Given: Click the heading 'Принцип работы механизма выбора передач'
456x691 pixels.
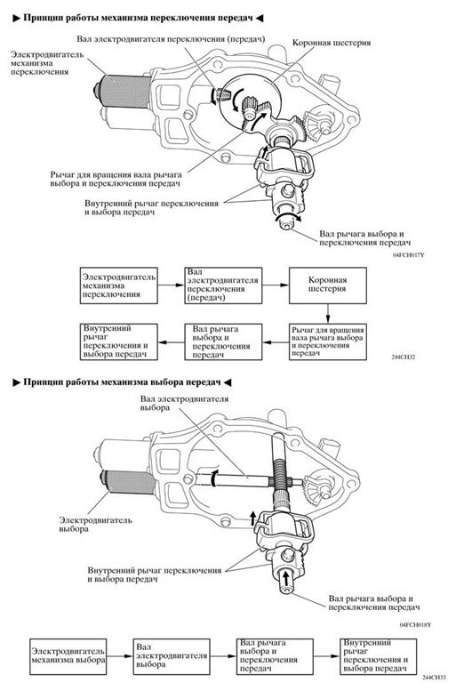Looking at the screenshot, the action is pos(122,382).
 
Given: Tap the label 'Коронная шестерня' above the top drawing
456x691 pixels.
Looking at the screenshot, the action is pos(332,44).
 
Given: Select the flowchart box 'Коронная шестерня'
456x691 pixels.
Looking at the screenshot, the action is pos(328,285).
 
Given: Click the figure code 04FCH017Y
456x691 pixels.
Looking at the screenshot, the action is pos(408,254).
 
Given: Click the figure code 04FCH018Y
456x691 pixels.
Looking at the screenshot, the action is pos(415,625).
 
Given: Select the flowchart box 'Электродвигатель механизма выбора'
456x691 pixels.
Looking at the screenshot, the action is pos(68,656).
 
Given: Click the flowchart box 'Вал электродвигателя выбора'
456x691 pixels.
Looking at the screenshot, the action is pos(172,656).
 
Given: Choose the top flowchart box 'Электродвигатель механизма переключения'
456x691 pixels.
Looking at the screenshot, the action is pos(119,285).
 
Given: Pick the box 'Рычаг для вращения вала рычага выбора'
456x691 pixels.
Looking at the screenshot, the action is pos(328,342).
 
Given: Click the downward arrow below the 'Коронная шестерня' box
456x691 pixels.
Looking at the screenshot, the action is pos(328,313).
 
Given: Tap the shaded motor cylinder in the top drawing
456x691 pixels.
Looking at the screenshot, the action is pos(124,91).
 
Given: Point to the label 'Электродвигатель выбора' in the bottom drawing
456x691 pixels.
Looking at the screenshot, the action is pos(96,524).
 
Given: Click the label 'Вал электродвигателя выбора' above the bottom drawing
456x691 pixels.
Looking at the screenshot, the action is pos(185,403).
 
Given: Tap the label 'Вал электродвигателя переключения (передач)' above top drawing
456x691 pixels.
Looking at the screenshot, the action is pos(171,39).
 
